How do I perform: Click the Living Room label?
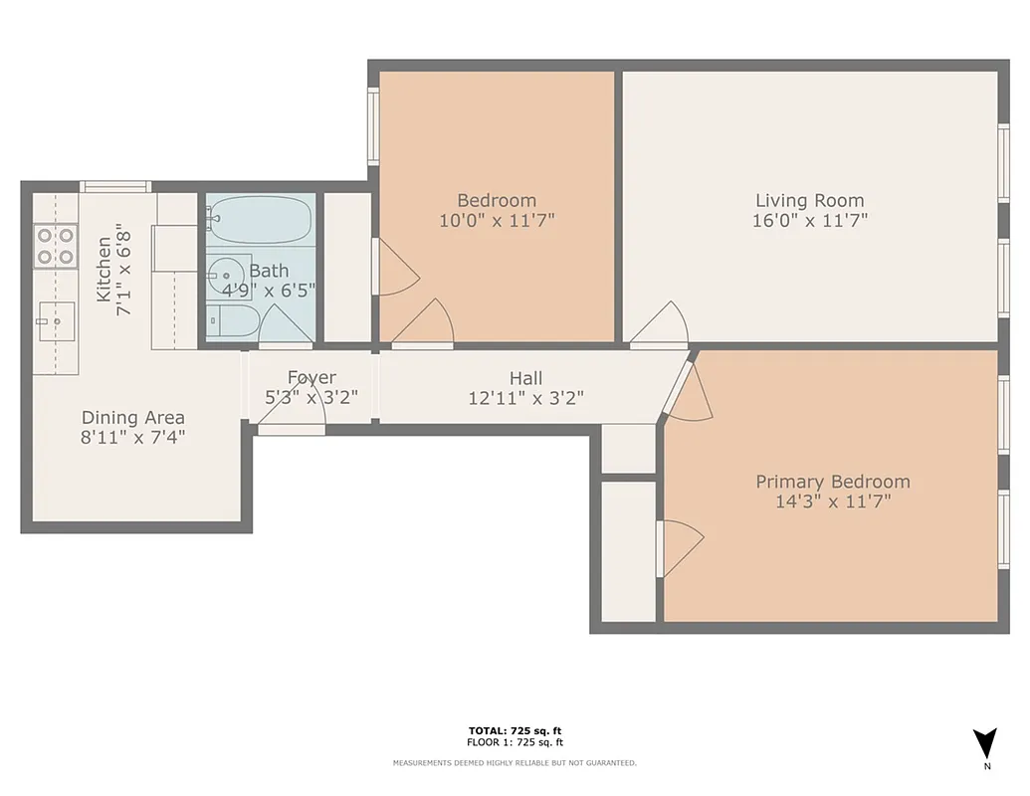(x=809, y=200)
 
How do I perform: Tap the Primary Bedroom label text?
(x=832, y=482)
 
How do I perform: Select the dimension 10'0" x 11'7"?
(x=496, y=220)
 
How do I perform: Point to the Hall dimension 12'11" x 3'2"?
(x=525, y=398)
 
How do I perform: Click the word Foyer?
(x=311, y=377)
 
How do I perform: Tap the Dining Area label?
(x=132, y=418)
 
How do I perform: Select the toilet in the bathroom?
(x=232, y=322)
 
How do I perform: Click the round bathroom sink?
(x=228, y=277)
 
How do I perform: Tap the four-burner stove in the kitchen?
(x=56, y=246)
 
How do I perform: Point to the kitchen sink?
(x=57, y=320)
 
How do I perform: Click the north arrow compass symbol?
(x=985, y=744)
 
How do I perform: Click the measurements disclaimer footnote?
(x=515, y=763)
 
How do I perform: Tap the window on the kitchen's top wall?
(x=115, y=186)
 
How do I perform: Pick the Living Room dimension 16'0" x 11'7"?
(x=809, y=220)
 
